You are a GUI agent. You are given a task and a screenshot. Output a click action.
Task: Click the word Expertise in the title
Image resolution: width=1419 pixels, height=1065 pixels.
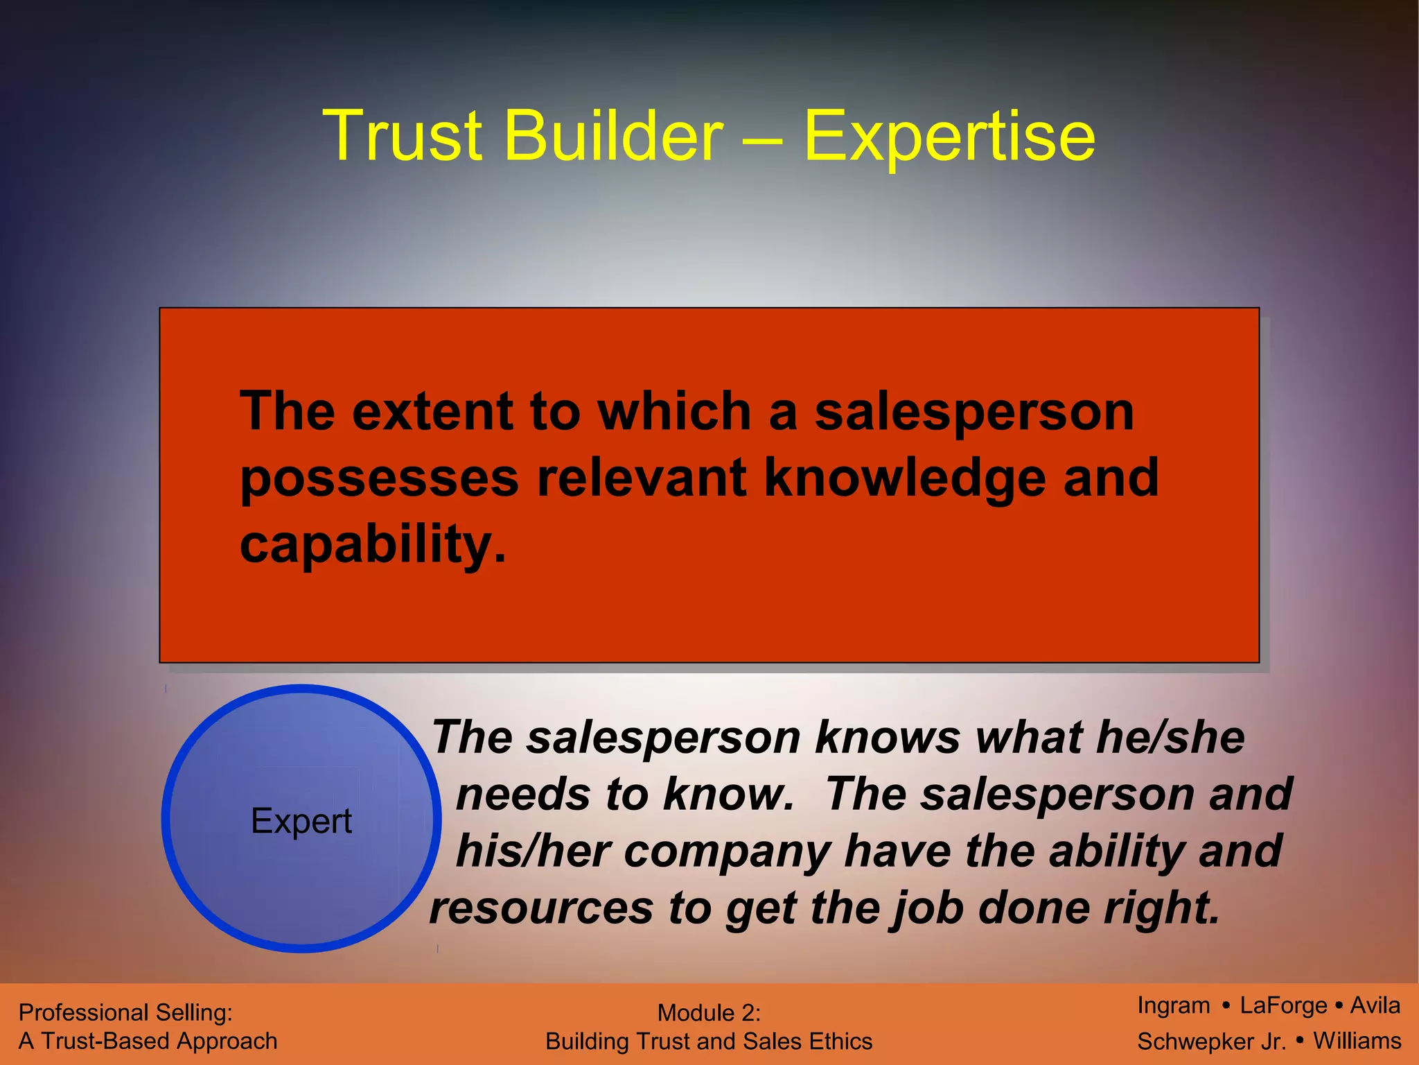point(949,136)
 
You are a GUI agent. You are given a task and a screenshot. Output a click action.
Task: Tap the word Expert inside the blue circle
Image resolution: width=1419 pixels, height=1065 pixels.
point(301,821)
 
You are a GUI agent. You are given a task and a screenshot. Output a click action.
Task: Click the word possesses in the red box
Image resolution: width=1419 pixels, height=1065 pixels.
point(379,478)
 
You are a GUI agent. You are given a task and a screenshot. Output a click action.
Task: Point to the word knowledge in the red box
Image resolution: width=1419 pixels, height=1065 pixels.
point(905,478)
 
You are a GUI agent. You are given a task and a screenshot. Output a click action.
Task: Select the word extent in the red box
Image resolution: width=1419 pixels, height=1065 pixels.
point(432,411)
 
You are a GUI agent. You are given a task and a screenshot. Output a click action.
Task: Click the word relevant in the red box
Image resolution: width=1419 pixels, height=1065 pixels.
point(642,478)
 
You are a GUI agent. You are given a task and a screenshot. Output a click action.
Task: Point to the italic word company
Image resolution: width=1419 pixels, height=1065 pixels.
point(727,852)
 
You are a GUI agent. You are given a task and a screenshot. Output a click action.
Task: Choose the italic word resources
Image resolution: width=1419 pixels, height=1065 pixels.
point(541,908)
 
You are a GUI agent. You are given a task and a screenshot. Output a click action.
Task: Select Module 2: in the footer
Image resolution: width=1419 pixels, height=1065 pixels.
point(709,1013)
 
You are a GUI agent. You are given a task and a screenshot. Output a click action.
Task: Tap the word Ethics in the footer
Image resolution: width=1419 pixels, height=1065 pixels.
point(841,1041)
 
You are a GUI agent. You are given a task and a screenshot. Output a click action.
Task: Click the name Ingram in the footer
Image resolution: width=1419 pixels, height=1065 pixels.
point(1174,1005)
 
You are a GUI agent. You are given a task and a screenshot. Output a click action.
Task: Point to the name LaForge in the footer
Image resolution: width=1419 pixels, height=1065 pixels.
point(1283,1005)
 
